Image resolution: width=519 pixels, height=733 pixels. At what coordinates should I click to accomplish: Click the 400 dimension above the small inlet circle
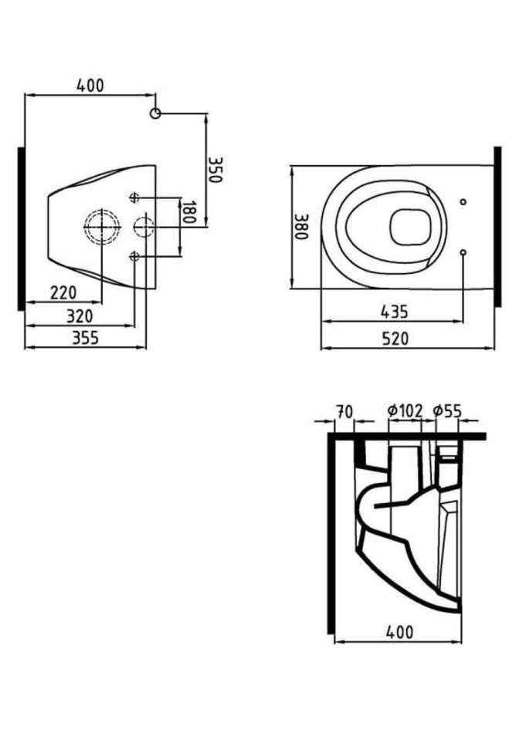[90, 86]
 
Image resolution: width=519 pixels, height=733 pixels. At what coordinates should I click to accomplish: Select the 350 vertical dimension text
[214, 169]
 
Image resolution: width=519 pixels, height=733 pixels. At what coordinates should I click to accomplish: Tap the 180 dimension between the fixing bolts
[188, 212]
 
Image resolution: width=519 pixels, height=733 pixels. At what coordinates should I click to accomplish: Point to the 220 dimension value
[63, 292]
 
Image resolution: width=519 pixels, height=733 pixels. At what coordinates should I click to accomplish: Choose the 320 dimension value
[80, 316]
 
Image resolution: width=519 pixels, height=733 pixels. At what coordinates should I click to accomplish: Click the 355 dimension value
[85, 337]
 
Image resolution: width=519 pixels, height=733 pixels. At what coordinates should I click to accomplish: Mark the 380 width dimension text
[301, 227]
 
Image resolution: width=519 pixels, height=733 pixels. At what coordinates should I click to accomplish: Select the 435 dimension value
[395, 312]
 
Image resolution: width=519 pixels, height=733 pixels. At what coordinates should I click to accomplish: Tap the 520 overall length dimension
[395, 338]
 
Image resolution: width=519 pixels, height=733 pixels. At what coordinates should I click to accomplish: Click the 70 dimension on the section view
[344, 412]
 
